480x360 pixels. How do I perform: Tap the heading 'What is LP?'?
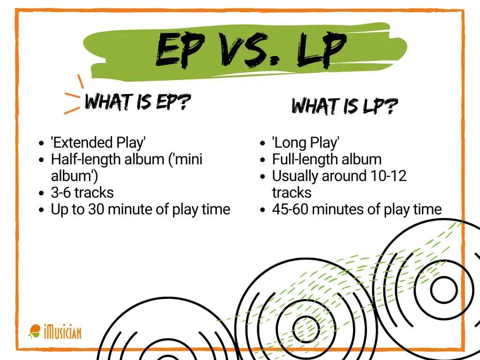pos(345,106)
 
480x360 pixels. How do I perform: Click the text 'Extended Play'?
pos(98,142)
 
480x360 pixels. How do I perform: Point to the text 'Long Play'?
pos(306,142)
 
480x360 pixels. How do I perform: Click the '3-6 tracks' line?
pos(82,192)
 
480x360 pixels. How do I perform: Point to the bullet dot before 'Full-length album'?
pos(263,160)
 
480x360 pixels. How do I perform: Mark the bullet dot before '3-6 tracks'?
pos(42,193)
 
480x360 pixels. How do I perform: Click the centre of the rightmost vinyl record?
pos(443,290)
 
